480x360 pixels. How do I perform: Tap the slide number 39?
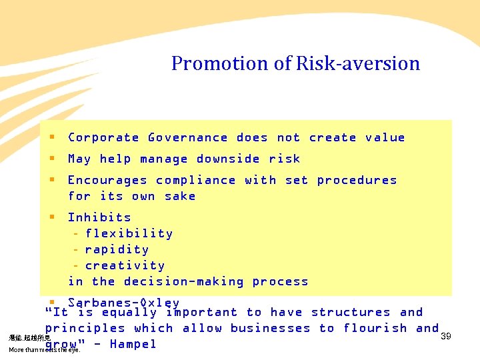pos(446,337)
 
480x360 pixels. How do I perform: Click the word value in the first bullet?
pos(385,137)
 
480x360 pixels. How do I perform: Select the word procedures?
pos(357,180)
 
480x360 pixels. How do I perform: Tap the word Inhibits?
pos(99,217)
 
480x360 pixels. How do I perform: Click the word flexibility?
pos(129,233)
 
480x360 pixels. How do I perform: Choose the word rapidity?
pos(117,249)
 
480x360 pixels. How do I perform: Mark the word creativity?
pos(125,265)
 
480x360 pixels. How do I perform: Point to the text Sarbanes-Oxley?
pos(123,303)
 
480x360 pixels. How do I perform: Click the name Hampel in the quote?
pos(133,344)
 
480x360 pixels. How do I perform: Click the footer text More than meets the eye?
pos(44,349)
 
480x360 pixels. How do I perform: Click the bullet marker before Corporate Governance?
pos(51,137)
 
